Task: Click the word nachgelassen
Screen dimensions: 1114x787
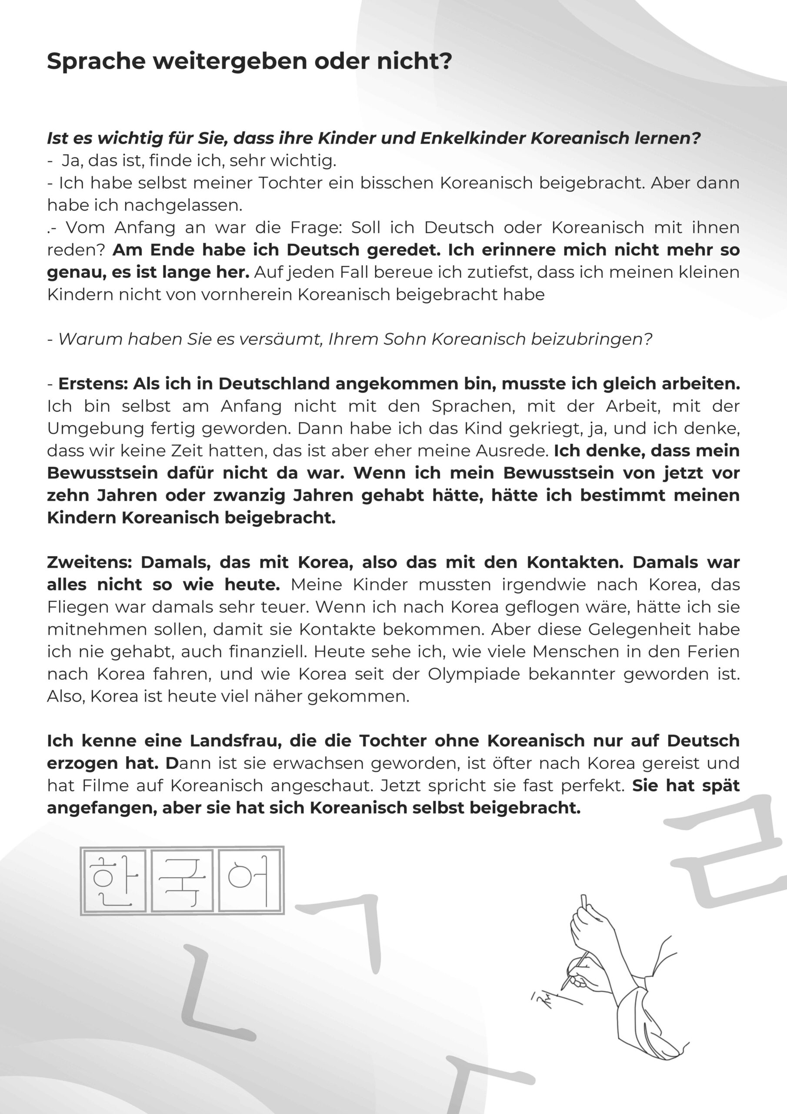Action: (x=182, y=206)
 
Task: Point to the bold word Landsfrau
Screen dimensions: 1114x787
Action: (x=234, y=741)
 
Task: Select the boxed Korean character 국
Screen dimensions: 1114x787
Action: (x=182, y=881)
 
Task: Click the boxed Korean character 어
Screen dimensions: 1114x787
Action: (x=249, y=881)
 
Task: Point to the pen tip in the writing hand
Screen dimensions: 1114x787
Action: (x=564, y=987)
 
